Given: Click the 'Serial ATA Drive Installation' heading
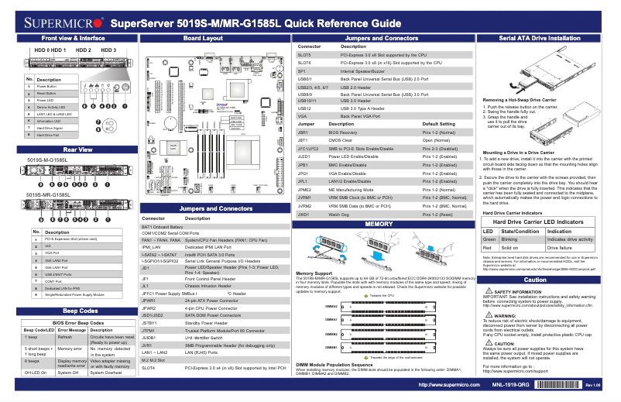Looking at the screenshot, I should [x=540, y=38].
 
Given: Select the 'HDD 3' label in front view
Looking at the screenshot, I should [x=108, y=50].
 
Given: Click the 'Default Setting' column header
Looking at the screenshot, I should [x=444, y=123].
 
